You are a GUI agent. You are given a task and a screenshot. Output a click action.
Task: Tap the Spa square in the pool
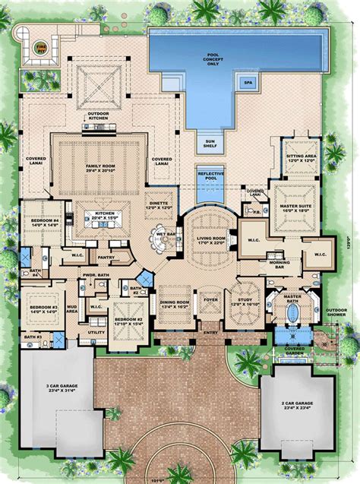pyautogui.click(x=247, y=82)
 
